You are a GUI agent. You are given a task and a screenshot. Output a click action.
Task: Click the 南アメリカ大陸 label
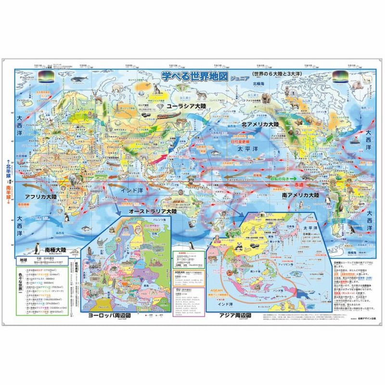coord(301,196)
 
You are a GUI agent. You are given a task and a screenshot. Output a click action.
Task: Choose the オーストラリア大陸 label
coord(153,211)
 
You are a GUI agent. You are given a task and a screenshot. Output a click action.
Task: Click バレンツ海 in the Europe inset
coord(158,221)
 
